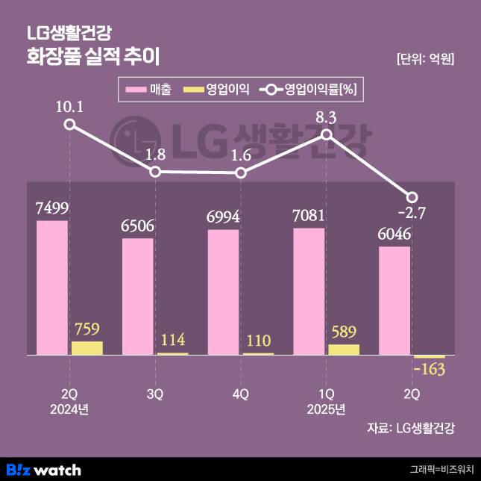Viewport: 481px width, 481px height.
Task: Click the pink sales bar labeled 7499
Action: (x=52, y=288)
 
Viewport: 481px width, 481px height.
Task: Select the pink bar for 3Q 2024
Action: (x=138, y=296)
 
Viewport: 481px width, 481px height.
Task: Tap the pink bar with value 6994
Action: (x=224, y=291)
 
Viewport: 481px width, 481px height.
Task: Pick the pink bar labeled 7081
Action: (x=309, y=291)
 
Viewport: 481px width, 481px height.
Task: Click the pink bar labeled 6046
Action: (x=394, y=300)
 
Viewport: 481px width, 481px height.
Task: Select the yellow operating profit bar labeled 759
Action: (x=87, y=347)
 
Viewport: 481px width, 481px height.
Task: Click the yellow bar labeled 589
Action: (x=344, y=349)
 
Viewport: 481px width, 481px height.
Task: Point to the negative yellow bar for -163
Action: (x=429, y=357)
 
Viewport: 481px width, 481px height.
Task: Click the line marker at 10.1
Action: (x=69, y=124)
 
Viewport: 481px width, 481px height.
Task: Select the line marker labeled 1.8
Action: (x=155, y=172)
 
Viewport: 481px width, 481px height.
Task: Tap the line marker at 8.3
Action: (x=327, y=134)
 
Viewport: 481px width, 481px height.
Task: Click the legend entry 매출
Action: (x=149, y=90)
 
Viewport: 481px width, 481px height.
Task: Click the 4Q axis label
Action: (x=240, y=394)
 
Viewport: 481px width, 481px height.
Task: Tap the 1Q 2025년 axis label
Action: (x=326, y=401)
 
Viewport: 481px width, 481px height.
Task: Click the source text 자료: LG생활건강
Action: (x=410, y=428)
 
